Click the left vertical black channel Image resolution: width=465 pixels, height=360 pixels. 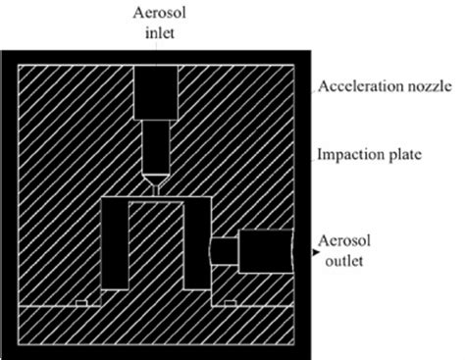pyautogui.click(x=115, y=245)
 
